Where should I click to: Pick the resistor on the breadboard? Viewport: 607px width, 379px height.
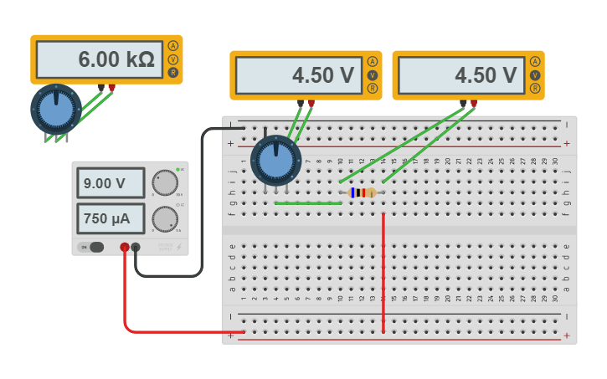click(362, 192)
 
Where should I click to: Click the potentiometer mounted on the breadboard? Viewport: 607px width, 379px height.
click(275, 160)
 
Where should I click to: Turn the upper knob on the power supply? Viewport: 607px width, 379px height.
click(165, 182)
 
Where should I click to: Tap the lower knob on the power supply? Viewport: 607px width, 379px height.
click(165, 219)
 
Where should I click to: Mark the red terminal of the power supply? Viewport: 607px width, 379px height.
click(125, 247)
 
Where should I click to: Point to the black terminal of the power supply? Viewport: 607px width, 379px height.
click(136, 247)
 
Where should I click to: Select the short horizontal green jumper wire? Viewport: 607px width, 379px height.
click(307, 202)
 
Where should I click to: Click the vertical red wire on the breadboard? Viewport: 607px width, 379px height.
click(383, 272)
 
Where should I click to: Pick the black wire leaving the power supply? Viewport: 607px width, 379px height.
click(202, 209)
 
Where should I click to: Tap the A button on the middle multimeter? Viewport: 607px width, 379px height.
click(372, 61)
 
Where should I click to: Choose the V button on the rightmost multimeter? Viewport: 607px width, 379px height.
click(534, 74)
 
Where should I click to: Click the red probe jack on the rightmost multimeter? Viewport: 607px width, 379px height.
click(473, 104)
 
